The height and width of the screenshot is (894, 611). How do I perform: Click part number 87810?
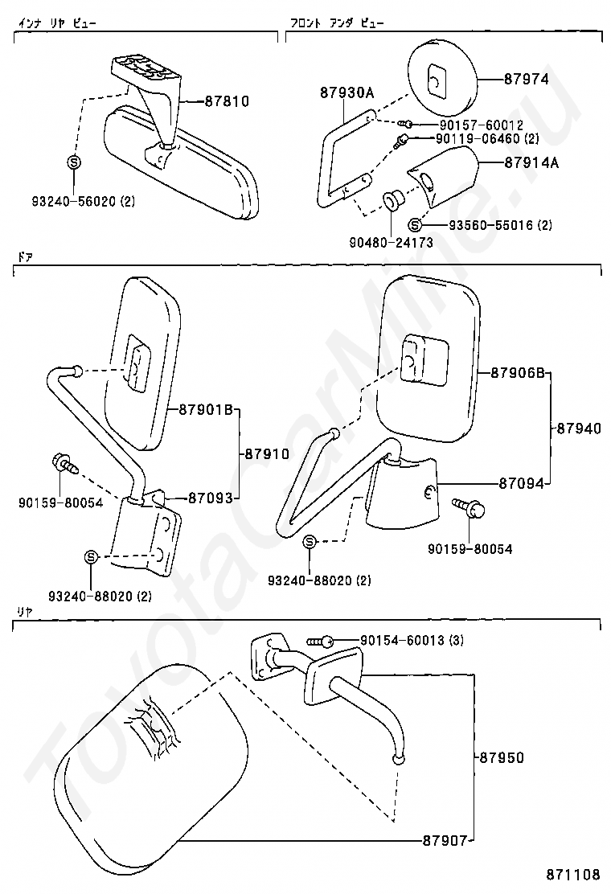click(x=227, y=102)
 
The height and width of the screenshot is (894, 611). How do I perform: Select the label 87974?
click(x=527, y=79)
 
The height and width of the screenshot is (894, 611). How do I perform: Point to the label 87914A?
click(x=531, y=163)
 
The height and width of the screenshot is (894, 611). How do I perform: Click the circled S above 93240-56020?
click(x=73, y=162)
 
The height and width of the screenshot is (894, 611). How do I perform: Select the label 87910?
click(x=266, y=453)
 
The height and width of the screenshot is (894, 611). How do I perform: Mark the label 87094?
click(x=522, y=484)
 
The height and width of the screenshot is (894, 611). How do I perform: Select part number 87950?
click(x=502, y=757)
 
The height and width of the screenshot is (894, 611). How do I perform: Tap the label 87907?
click(x=445, y=841)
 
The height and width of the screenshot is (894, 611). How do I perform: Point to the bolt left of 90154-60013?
click(x=321, y=641)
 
